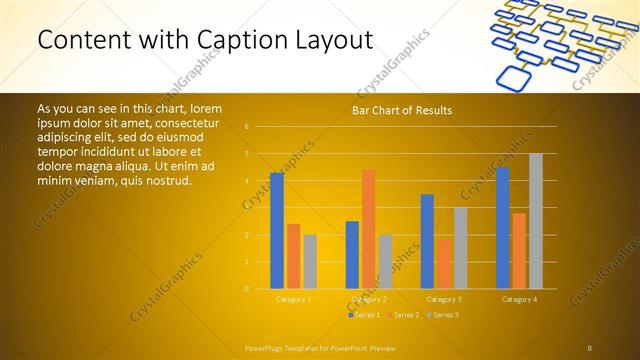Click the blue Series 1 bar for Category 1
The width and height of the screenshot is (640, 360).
pos(277,231)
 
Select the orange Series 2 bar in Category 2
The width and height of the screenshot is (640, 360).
pos(368,229)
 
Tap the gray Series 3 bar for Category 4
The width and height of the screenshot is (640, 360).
pos(536,221)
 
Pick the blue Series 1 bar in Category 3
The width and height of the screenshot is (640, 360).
pos(427,241)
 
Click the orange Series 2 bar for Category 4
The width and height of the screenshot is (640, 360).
pos(519,251)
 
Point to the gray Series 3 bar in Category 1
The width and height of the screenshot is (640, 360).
pos(310,262)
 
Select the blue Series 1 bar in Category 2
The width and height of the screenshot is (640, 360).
pos(352,255)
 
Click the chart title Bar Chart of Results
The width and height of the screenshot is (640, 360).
pos(402,110)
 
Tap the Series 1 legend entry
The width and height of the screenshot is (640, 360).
pos(365,315)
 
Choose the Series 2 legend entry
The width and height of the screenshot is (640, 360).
pos(402,315)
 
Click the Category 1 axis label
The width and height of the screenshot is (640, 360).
pos(293,299)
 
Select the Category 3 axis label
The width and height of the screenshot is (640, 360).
pos(444,299)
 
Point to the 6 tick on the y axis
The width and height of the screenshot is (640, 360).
pos(247,127)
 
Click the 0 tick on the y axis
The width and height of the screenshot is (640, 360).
pos(247,289)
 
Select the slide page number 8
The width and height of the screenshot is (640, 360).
pos(590,348)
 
